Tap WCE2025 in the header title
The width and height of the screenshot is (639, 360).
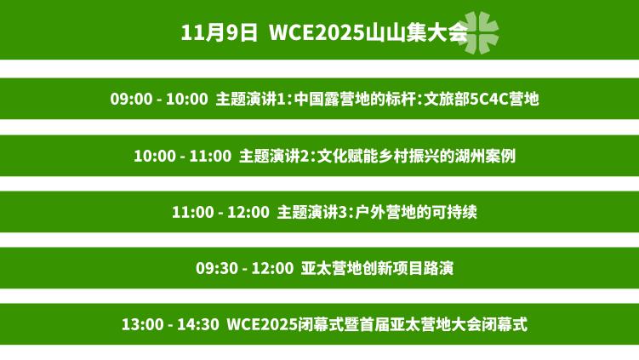click(x=314, y=33)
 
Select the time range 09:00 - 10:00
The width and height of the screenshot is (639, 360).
click(x=158, y=99)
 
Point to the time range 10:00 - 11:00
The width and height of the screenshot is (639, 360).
click(x=182, y=156)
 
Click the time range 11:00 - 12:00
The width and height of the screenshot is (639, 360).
click(x=220, y=212)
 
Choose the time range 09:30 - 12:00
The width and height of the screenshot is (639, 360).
click(x=244, y=268)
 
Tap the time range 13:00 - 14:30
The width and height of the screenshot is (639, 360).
click(x=170, y=324)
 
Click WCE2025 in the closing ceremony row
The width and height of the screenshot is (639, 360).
click(x=262, y=324)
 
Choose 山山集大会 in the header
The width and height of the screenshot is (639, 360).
click(x=416, y=33)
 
